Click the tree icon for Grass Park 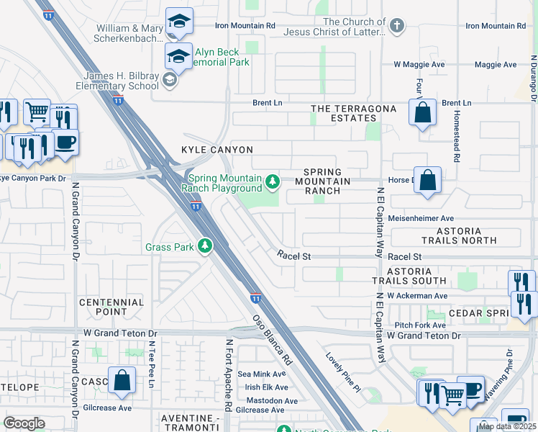pyautogui.click(x=206, y=247)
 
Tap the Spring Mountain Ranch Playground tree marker pyautogui.click(x=273, y=181)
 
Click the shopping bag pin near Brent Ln pyautogui.click(x=422, y=113)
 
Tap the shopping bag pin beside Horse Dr pyautogui.click(x=427, y=181)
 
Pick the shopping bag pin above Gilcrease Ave pyautogui.click(x=122, y=379)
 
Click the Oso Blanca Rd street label pyautogui.click(x=270, y=339)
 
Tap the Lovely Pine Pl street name pyautogui.click(x=342, y=372)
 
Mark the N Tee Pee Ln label pyautogui.click(x=152, y=364)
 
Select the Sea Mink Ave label pyautogui.click(x=262, y=374)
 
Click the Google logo pyautogui.click(x=24, y=423)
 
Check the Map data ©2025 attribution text pyautogui.click(x=506, y=426)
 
